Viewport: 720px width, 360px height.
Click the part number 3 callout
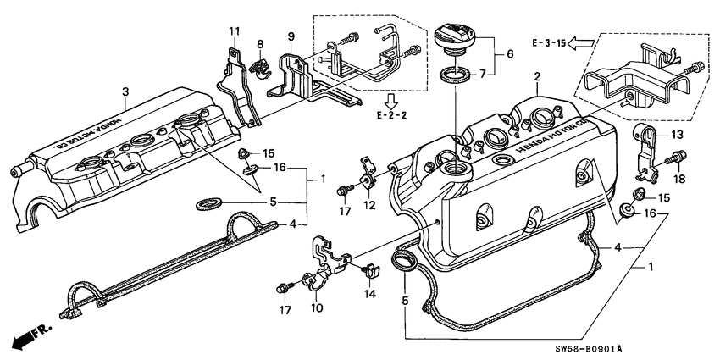(x=125, y=91)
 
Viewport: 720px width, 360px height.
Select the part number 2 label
(x=536, y=77)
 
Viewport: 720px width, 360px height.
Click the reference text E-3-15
(x=548, y=42)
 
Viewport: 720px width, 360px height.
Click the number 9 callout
(x=291, y=36)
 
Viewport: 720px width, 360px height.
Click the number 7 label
(x=508, y=75)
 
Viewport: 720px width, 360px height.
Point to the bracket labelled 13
(x=645, y=152)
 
